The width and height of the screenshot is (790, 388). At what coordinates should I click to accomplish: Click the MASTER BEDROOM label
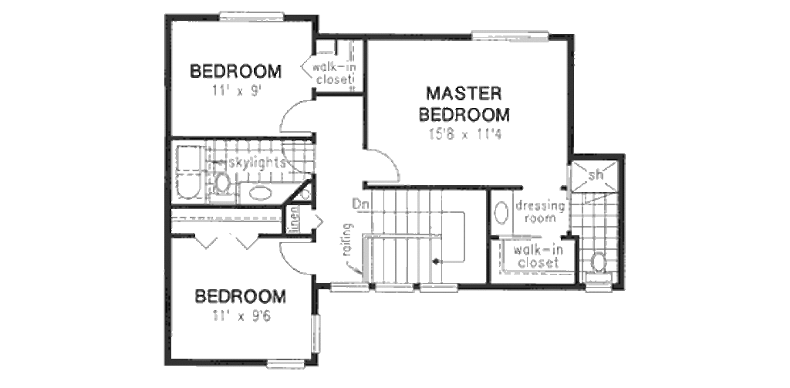464,104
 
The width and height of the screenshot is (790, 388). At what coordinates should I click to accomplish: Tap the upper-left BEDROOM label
235,72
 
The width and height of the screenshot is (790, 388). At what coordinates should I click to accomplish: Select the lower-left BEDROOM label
240,296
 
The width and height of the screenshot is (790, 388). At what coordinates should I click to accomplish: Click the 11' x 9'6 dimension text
241,315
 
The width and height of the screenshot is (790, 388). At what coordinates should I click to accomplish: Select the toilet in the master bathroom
598,262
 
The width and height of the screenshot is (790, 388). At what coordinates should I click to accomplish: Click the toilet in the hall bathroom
221,184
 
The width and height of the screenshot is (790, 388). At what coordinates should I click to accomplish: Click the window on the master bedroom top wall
509,35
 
